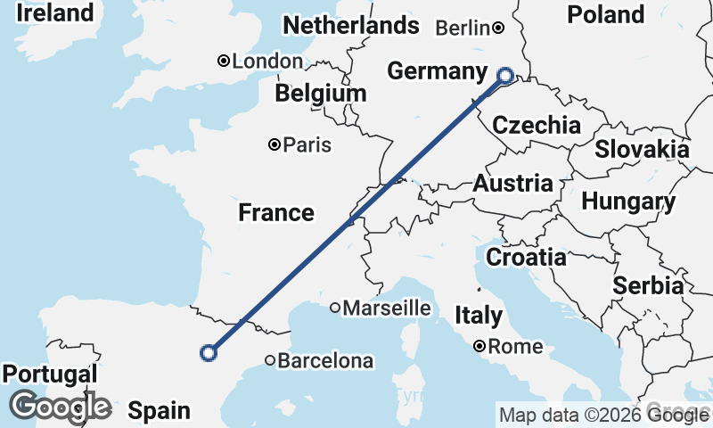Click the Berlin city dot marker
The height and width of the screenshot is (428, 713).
tap(498, 29)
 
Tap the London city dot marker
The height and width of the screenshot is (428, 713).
tap(224, 62)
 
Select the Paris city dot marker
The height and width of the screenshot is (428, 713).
tap(275, 144)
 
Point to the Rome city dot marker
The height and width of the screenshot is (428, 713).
tap(479, 346)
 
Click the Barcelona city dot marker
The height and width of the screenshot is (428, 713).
tap(270, 361)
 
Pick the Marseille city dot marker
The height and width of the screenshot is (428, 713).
tap(335, 309)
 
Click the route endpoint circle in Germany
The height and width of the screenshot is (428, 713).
tap(505, 76)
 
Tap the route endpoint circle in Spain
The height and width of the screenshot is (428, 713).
tap(209, 353)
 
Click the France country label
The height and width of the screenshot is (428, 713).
tap(276, 212)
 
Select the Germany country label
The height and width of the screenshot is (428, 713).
tap(438, 72)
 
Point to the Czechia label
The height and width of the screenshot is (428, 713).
tap(537, 126)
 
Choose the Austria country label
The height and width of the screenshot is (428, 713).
tap(512, 185)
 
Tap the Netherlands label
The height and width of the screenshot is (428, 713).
tap(350, 26)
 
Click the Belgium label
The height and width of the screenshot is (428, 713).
tap(321, 94)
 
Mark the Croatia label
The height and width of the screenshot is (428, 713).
tap(526, 258)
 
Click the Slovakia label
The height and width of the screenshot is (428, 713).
tap(642, 149)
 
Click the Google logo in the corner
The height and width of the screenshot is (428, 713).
tap(61, 407)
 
